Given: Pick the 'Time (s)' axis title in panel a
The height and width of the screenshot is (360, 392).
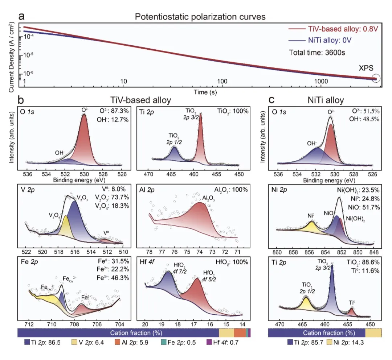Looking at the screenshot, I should (205, 93).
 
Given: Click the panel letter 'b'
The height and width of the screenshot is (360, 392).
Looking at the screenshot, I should (22, 100).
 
